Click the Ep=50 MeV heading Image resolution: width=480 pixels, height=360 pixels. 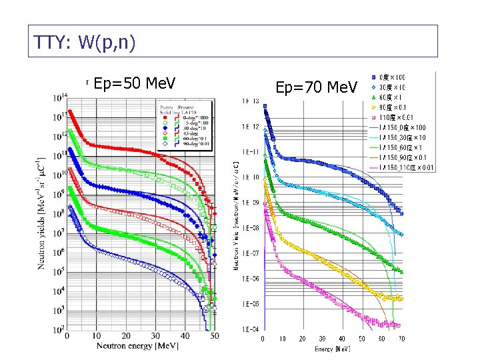pyautogui.click(x=135, y=83)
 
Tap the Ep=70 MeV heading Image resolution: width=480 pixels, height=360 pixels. pyautogui.click(x=316, y=87)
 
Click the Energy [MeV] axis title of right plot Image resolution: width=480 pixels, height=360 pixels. pyautogui.click(x=333, y=349)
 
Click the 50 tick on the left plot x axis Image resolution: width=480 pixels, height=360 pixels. pyautogui.click(x=214, y=337)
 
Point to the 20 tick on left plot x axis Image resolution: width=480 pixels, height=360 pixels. pyautogui.click(x=125, y=337)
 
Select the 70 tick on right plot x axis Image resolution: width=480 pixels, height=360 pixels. pyautogui.click(x=401, y=339)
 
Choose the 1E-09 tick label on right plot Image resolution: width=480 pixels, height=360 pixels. pyautogui.click(x=251, y=203)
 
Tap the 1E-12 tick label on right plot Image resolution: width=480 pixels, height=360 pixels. pyautogui.click(x=251, y=126)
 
